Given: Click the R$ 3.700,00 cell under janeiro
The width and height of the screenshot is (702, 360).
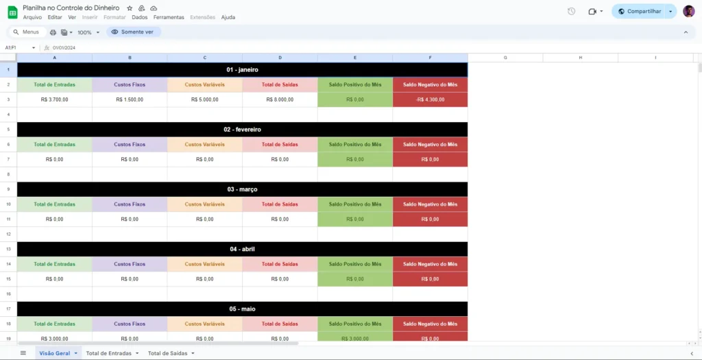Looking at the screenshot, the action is [55, 99].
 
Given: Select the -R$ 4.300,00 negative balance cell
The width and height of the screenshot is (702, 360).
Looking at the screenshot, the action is [431, 99].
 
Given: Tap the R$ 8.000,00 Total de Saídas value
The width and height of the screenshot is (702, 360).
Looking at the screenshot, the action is [280, 99].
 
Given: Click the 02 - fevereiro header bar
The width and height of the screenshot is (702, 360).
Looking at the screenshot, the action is [242, 130].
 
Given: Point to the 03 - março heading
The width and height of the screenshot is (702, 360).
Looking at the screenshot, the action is [242, 189].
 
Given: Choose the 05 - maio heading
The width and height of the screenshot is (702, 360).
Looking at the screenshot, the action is [242, 309].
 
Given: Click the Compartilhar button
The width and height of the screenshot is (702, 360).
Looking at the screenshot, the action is [640, 11].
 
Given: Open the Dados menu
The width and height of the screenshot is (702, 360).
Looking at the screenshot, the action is [140, 17].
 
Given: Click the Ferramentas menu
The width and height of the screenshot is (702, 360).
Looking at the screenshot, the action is [169, 17].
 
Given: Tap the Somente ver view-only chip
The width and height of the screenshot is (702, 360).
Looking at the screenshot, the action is [134, 32].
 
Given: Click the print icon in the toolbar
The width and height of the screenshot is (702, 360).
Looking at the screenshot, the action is [53, 32].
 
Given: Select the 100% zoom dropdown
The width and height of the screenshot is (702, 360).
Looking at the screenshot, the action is [88, 32].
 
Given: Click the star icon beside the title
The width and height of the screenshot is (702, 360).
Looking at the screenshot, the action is [130, 8].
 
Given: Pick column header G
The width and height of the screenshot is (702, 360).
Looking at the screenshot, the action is [505, 58].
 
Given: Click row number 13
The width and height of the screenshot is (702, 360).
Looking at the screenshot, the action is [8, 249].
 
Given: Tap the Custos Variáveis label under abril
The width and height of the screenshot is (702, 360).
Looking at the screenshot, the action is [204, 264].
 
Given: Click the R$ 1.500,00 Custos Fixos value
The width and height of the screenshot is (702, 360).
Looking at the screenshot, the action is [130, 99].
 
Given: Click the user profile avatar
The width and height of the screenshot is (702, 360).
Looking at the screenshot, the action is [688, 11].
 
